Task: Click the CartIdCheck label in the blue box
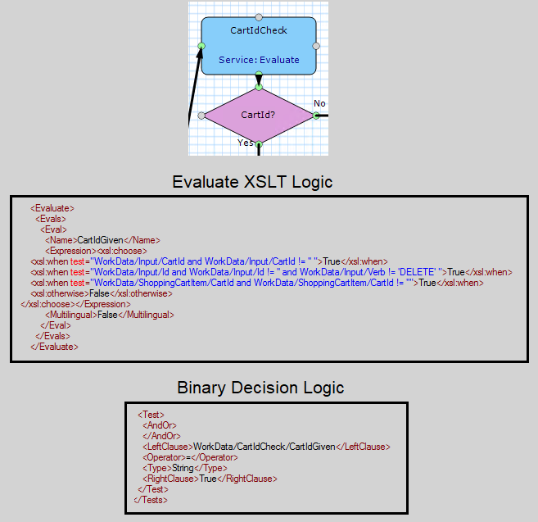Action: [259, 30]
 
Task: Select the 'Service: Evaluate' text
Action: [259, 60]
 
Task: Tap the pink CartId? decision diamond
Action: [259, 116]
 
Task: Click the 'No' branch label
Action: [319, 103]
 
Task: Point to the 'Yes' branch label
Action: [246, 143]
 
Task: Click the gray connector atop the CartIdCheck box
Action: [259, 17]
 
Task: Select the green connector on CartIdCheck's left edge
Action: [201, 46]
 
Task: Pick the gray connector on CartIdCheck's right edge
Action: [316, 46]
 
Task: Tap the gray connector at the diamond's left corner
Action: [201, 116]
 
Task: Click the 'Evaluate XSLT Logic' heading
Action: [252, 182]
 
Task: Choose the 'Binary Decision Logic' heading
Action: [260, 388]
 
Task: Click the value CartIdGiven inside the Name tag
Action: [100, 240]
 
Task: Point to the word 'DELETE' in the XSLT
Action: [418, 272]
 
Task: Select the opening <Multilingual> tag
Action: [71, 315]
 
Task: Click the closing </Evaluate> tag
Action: [54, 347]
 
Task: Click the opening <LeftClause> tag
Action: [168, 447]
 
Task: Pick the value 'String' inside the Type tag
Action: [183, 468]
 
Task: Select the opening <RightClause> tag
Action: [171, 479]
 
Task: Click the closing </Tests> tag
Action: [151, 500]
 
